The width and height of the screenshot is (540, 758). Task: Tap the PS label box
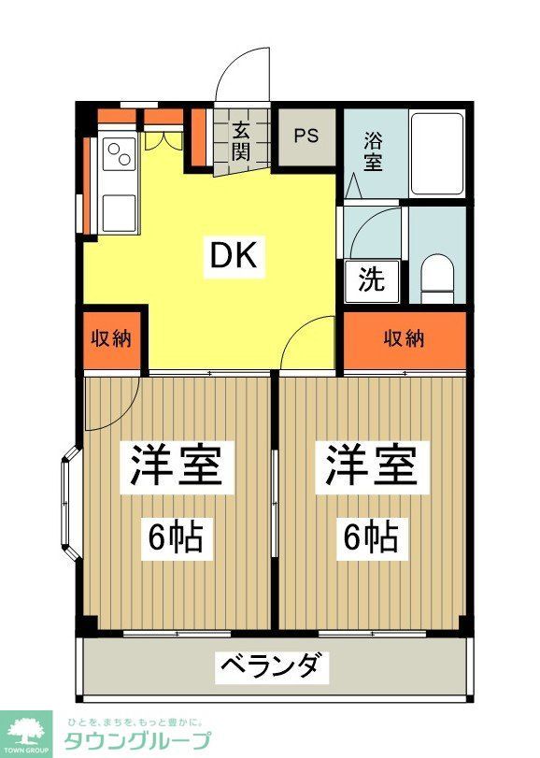(x=306, y=136)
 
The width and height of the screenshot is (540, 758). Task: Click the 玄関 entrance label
(x=241, y=141)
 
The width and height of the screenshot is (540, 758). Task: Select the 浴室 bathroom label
(x=372, y=151)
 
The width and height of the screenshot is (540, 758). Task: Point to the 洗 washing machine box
(x=371, y=279)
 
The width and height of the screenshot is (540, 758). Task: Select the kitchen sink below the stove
(x=120, y=212)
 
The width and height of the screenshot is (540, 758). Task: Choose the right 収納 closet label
(x=404, y=337)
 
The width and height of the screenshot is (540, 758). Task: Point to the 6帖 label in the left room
(x=175, y=537)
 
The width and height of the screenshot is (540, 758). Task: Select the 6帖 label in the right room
(x=370, y=537)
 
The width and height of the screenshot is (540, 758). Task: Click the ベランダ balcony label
(x=275, y=667)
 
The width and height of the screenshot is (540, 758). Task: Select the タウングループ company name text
(x=136, y=741)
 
